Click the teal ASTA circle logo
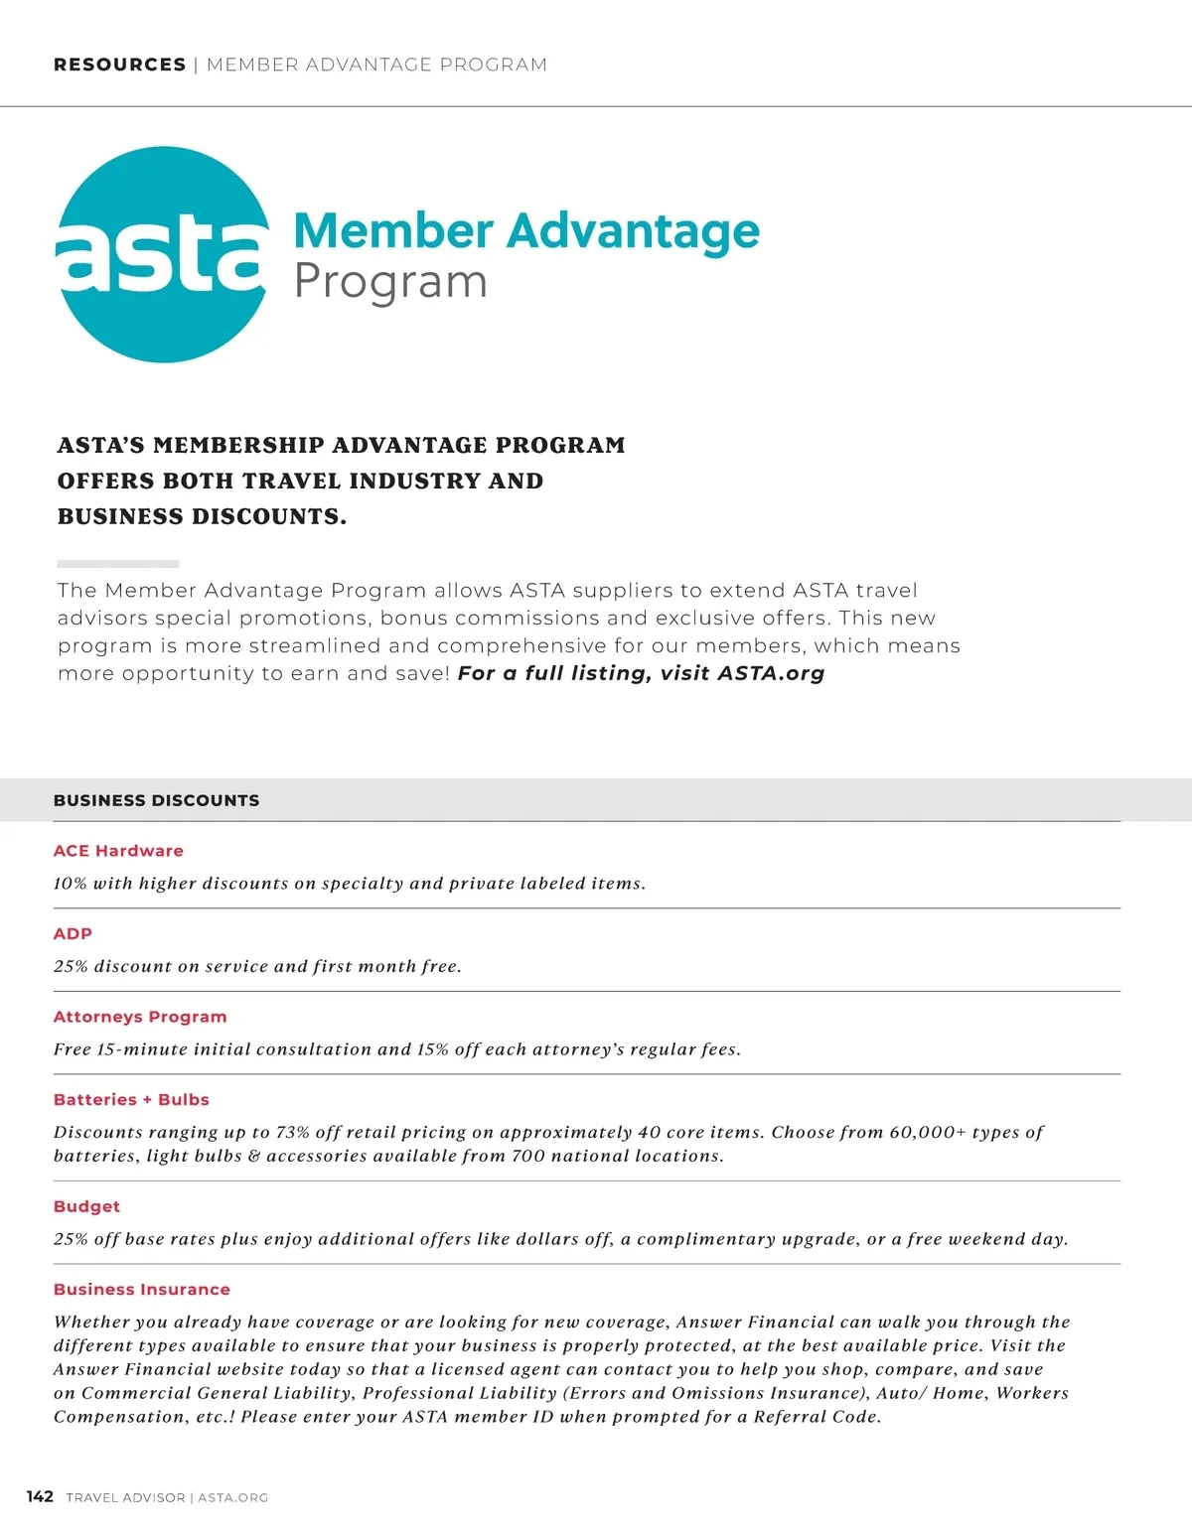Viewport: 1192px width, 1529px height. pyautogui.click(x=162, y=255)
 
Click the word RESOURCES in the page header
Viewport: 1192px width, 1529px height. pyautogui.click(x=119, y=65)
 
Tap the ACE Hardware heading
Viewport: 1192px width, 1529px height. pyautogui.click(x=118, y=851)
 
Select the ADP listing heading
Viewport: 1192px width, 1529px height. pyautogui.click(x=73, y=933)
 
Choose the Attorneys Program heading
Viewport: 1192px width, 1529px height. pyautogui.click(x=140, y=1017)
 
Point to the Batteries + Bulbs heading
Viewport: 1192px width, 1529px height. pyautogui.click(x=131, y=1099)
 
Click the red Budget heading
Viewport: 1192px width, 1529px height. pyautogui.click(x=86, y=1206)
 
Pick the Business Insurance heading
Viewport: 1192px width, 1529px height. pyautogui.click(x=142, y=1289)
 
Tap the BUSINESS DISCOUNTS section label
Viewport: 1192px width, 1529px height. pyautogui.click(x=156, y=800)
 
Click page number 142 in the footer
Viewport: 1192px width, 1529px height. pyautogui.click(x=40, y=1496)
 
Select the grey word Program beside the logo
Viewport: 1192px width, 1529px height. pyautogui.click(x=390, y=282)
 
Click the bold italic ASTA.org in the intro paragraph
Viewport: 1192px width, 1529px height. pyautogui.click(x=771, y=673)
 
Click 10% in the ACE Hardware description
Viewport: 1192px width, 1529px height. pyautogui.click(x=71, y=884)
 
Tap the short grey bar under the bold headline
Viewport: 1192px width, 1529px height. pyautogui.click(x=117, y=563)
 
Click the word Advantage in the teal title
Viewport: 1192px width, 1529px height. pyautogui.click(x=633, y=231)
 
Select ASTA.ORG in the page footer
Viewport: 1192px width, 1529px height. pyautogui.click(x=232, y=1497)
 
